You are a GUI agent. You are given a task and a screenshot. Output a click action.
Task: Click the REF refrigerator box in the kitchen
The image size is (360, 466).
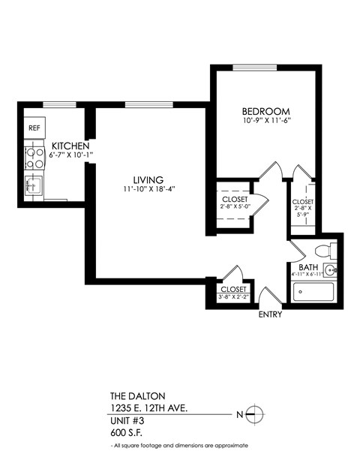click(34, 128)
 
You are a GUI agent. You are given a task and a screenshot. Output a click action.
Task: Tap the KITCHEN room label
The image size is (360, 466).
click(70, 146)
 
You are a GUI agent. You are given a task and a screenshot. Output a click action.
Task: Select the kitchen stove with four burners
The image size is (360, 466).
click(34, 156)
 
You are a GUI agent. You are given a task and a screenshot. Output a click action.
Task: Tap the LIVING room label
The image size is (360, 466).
click(148, 179)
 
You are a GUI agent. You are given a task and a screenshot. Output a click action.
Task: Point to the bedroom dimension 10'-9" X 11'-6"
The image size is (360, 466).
click(265, 120)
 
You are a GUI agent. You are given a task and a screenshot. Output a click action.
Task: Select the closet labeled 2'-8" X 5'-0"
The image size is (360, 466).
click(235, 202)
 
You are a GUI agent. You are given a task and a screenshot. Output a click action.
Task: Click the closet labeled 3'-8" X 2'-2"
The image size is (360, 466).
click(234, 293)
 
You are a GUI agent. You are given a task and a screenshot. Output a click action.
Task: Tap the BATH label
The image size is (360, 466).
click(307, 267)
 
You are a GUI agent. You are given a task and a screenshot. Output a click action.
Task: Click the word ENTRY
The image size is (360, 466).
click(270, 314)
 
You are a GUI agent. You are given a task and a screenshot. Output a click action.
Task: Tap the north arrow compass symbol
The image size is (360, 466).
click(254, 413)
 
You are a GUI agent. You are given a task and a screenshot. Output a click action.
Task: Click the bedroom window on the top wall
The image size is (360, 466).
click(255, 68)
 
